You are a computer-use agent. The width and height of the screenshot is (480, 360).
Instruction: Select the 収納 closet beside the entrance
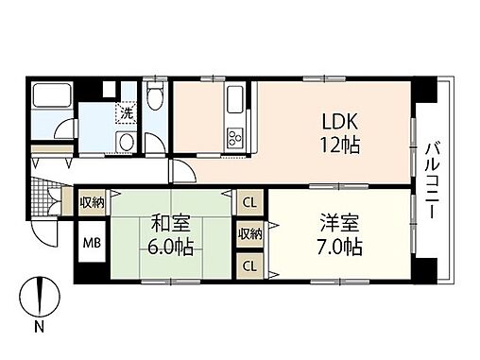coord(93,202)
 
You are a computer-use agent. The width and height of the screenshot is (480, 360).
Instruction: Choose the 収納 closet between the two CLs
coord(249,233)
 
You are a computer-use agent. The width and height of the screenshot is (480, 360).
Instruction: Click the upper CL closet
coord(249,202)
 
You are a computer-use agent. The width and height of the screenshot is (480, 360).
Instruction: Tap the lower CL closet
coord(249,266)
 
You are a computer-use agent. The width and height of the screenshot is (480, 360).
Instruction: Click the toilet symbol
coord(157,97)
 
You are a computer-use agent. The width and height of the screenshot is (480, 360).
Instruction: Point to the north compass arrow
coord(39,297)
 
